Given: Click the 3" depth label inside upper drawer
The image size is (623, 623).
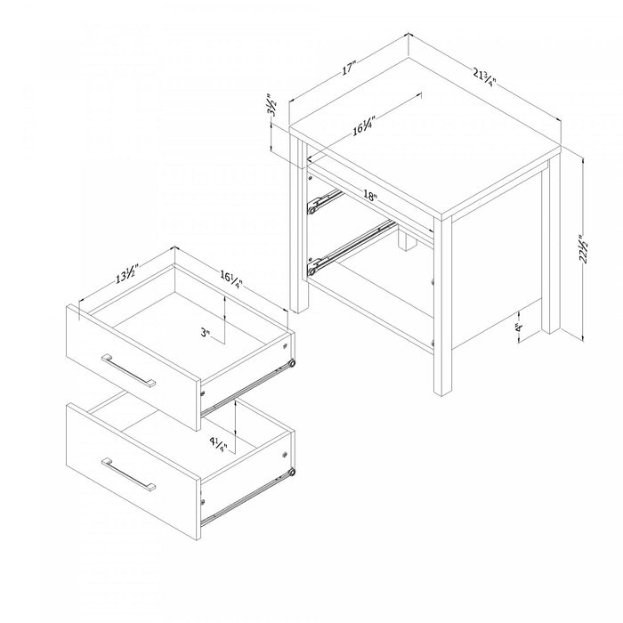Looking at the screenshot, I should pos(206,334).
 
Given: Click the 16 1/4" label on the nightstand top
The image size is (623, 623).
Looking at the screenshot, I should pos(363,126).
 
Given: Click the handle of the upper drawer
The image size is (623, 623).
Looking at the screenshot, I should pos(129,370).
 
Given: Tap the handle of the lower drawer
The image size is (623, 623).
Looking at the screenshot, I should pos(129,474).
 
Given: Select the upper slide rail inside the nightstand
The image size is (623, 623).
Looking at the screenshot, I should pos(324,199).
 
